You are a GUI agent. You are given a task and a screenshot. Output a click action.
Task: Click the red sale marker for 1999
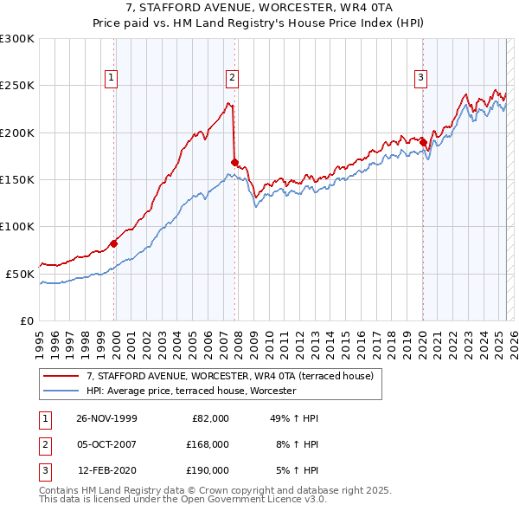coord(114,243)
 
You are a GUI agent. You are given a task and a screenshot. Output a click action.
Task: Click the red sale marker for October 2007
coord(234,162)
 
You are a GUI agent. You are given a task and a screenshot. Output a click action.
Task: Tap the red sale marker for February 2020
coord(423,141)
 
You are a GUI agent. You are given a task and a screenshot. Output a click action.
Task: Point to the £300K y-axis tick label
coord(17,39)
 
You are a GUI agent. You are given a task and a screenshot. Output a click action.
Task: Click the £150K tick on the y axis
coord(17,179)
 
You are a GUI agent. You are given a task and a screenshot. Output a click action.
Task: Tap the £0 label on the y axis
coord(27,320)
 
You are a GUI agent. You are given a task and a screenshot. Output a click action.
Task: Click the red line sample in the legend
coord(61,376)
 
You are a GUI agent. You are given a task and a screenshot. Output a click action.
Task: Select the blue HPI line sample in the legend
coord(61,391)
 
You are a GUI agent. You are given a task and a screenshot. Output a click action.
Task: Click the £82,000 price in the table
coord(208,418)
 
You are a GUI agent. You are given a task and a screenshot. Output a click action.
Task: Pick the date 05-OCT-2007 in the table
coord(107,444)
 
